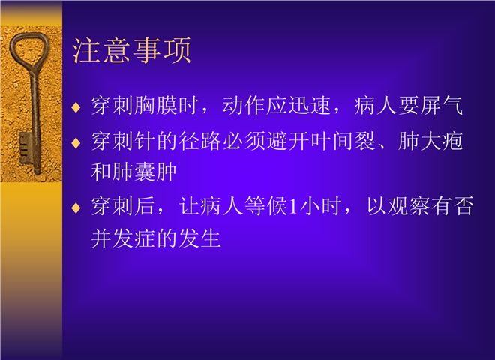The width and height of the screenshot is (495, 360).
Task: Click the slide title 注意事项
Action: [x=131, y=50]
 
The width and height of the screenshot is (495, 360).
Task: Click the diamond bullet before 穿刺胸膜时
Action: [x=76, y=107]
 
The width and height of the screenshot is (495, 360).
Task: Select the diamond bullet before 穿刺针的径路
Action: [x=76, y=143]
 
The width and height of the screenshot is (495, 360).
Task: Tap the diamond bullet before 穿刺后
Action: [x=76, y=208]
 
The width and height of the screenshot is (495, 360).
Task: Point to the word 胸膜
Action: [x=156, y=105]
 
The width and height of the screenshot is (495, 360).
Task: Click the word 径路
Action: [x=199, y=141]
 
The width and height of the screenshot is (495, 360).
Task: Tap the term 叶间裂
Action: [x=343, y=141]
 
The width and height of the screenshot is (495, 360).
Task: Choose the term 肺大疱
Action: [x=430, y=141]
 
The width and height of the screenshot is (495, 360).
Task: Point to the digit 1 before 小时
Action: [x=293, y=206]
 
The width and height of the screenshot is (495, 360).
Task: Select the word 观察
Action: [x=409, y=206]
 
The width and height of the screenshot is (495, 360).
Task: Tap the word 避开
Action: [x=287, y=141]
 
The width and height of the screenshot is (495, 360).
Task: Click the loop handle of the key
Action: [x=29, y=50]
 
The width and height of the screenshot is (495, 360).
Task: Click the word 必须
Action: [x=244, y=141]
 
